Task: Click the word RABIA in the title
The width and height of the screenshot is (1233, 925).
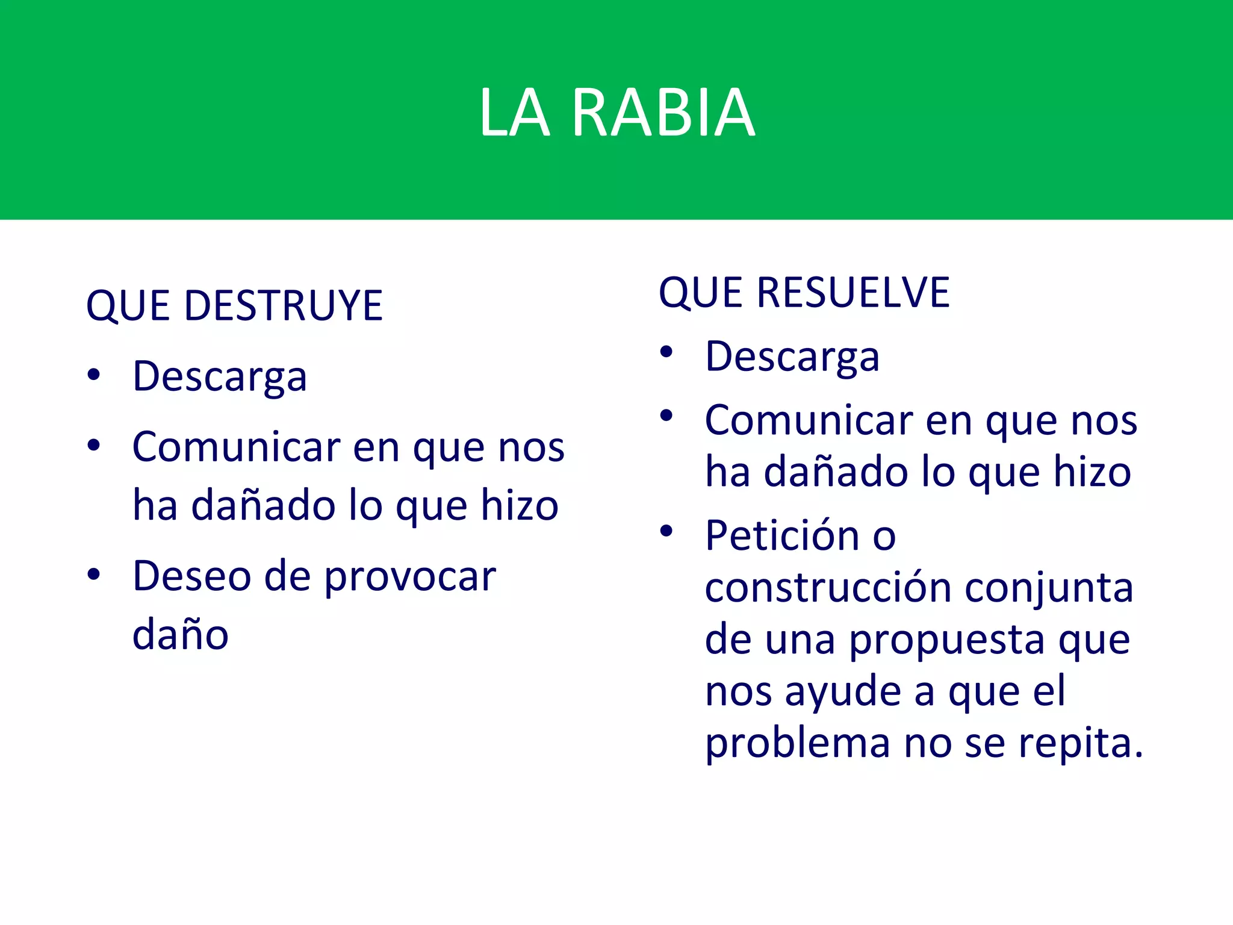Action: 663,113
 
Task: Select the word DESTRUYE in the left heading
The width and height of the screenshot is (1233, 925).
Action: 283,305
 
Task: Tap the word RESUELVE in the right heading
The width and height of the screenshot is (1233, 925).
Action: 853,293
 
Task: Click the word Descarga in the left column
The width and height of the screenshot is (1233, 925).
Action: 220,377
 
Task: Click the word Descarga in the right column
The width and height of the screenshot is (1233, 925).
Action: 792,357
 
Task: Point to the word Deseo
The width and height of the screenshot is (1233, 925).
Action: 191,576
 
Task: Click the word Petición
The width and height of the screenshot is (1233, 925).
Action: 781,535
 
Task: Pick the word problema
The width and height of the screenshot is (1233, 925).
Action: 797,744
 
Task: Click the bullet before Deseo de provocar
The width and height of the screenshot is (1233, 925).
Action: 93,574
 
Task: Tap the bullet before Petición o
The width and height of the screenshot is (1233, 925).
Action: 666,531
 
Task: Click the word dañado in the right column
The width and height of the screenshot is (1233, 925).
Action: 836,472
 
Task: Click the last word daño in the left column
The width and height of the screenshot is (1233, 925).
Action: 180,635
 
